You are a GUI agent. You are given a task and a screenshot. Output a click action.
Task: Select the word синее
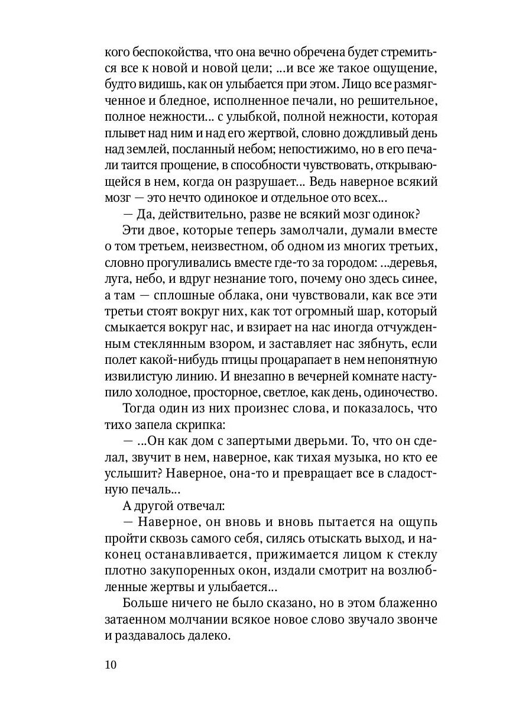click(419, 280)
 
